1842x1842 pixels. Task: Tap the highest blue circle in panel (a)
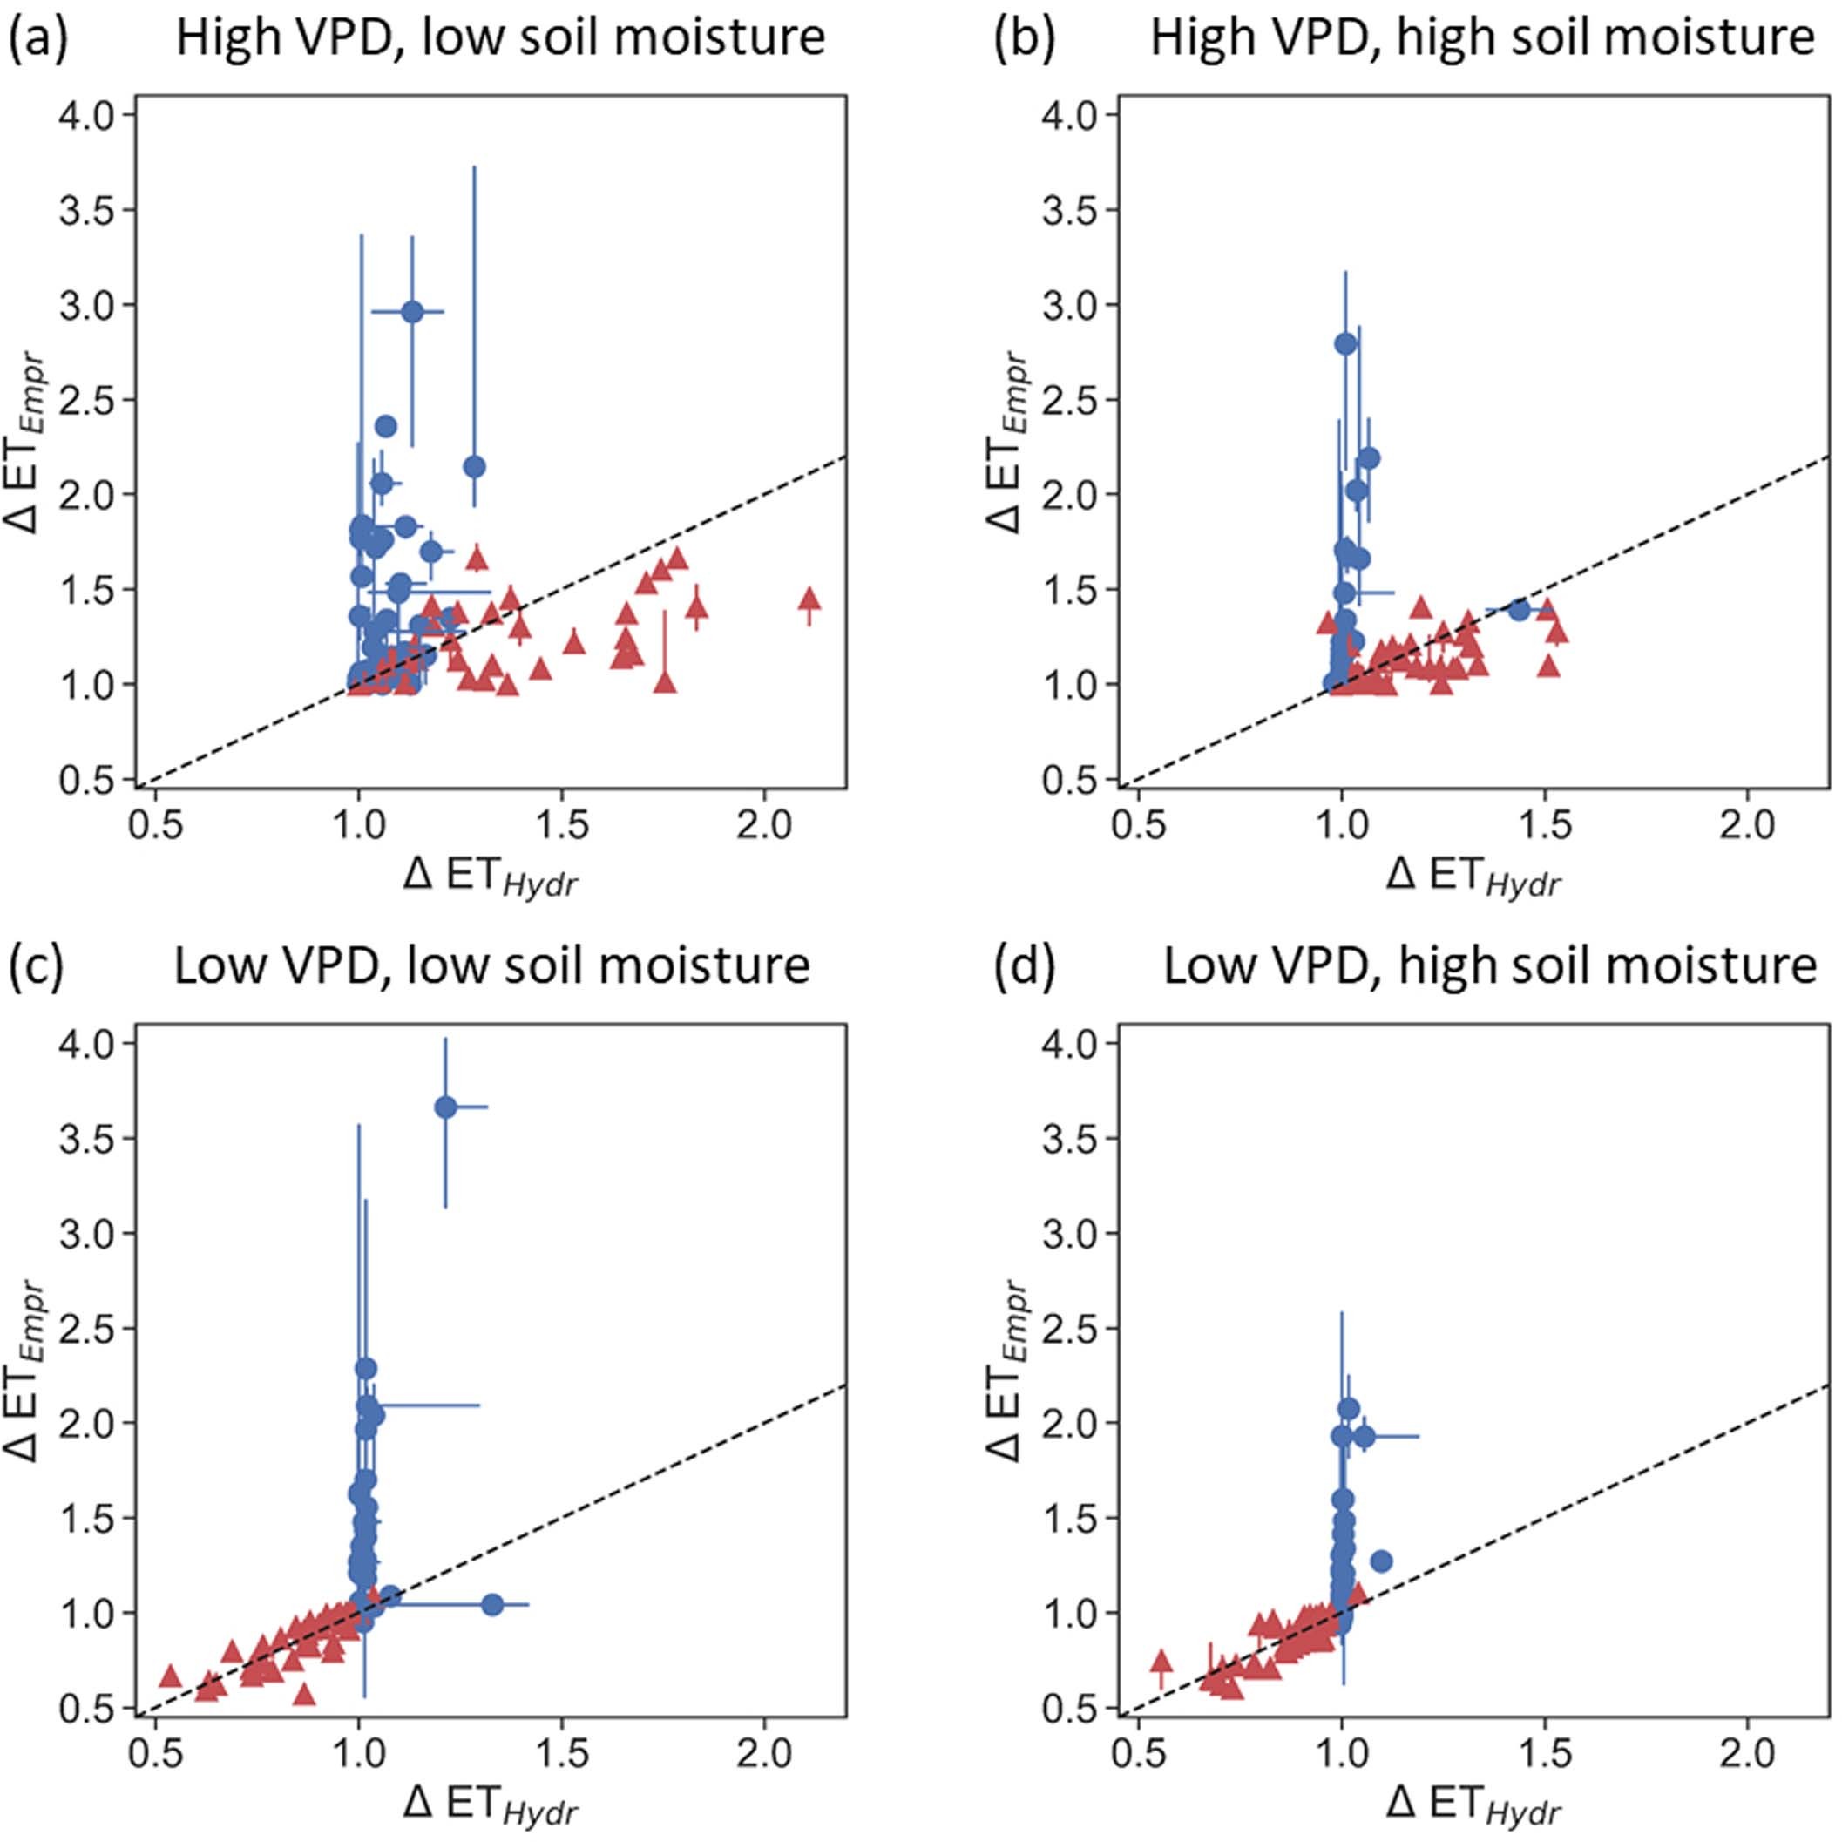412,312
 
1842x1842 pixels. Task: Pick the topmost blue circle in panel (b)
1345,344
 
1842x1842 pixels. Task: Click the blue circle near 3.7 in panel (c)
445,1107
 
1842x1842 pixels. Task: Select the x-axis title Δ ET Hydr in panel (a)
491,875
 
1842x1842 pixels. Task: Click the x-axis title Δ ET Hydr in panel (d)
1474,1804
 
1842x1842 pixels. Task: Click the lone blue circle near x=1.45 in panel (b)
1519,610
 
